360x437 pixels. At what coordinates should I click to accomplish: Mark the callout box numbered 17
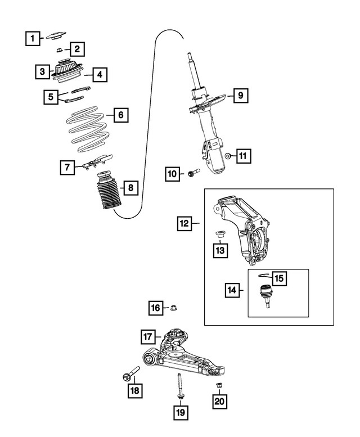(x=148, y=337)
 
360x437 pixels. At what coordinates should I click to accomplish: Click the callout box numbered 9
(x=239, y=96)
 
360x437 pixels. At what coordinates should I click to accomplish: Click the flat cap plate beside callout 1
(x=57, y=37)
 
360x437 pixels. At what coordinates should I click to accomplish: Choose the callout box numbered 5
(x=52, y=97)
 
